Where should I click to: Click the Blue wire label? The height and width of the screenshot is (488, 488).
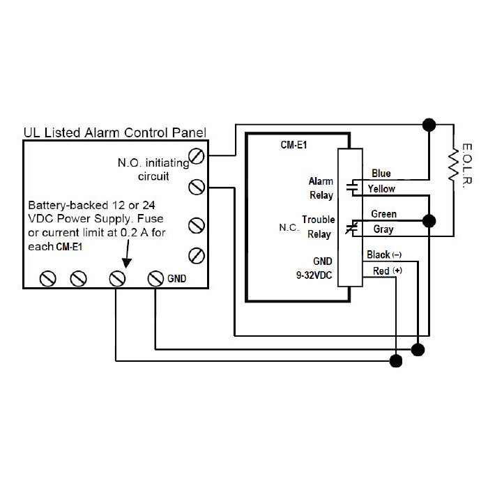(x=381, y=174)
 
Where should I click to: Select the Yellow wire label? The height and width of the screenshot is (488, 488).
(x=381, y=189)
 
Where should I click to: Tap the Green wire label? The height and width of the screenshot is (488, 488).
(x=383, y=214)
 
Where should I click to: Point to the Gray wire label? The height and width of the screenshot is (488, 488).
(x=383, y=229)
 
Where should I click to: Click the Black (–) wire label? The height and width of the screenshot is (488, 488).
(x=384, y=255)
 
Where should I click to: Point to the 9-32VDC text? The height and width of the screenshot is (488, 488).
(x=314, y=275)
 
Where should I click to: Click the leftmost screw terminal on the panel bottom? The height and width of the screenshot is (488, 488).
(x=48, y=279)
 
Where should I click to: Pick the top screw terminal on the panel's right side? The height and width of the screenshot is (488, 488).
(x=197, y=155)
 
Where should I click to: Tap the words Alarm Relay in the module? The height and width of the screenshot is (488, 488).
(x=321, y=188)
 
